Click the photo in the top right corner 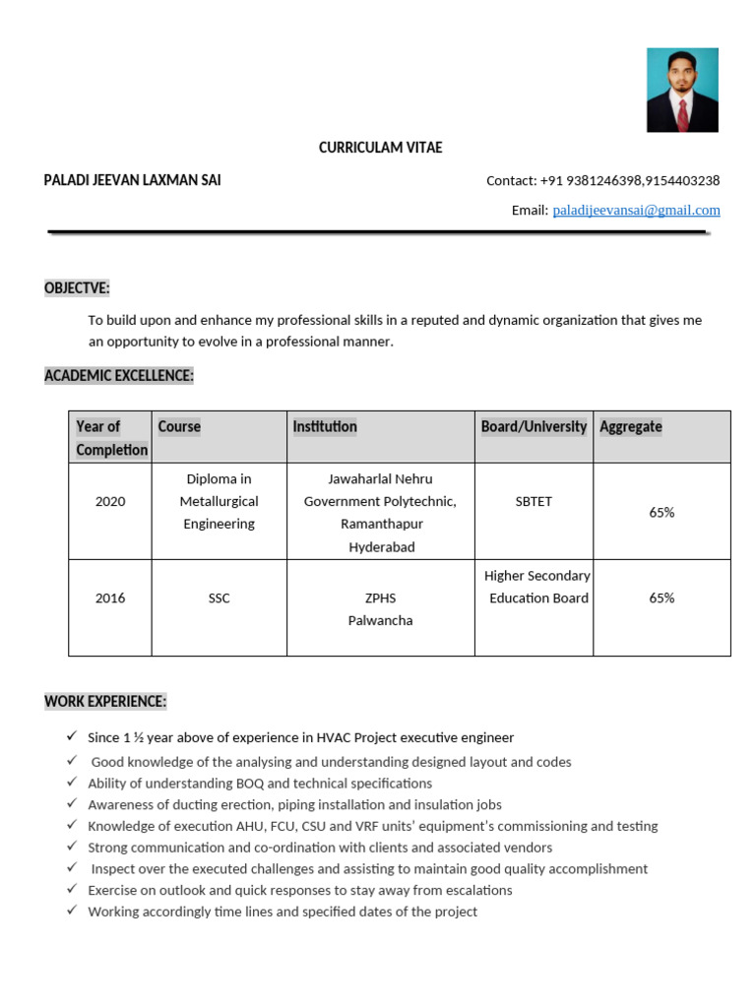click(x=682, y=90)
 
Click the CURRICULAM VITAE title click(x=380, y=148)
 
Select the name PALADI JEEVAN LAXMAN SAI click(x=132, y=180)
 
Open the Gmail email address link click(x=636, y=210)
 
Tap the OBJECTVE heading click(x=77, y=287)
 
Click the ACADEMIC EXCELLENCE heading click(x=119, y=375)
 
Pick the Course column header click(x=179, y=426)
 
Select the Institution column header click(x=325, y=426)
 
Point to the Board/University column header click(x=534, y=426)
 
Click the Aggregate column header click(x=630, y=426)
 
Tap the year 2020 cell click(x=110, y=501)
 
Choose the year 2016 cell click(x=110, y=598)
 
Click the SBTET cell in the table click(x=534, y=501)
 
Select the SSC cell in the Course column click(x=219, y=598)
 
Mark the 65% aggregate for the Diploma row click(x=661, y=512)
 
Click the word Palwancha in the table click(x=380, y=620)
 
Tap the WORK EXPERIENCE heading click(x=105, y=701)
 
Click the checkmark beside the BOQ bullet click(x=72, y=783)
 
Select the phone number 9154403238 click(x=683, y=180)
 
